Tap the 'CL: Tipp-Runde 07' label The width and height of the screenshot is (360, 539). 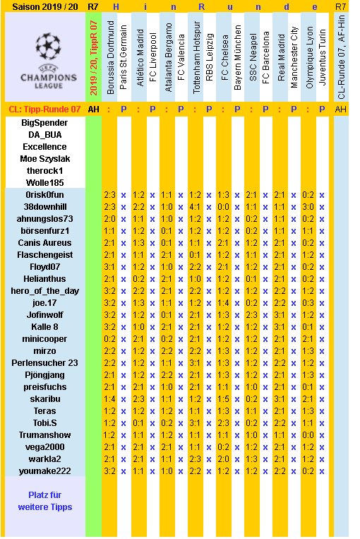pyautogui.click(x=43, y=109)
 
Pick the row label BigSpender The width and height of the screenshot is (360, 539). pyautogui.click(x=43, y=122)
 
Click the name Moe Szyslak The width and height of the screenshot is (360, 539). pyautogui.click(x=43, y=158)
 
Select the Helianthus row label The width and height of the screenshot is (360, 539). pyautogui.click(x=43, y=278)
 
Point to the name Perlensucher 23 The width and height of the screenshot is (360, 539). pyautogui.click(x=43, y=362)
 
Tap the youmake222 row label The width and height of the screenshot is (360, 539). pyautogui.click(x=43, y=470)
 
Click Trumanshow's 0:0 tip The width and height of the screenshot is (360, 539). pyautogui.click(x=308, y=434)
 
